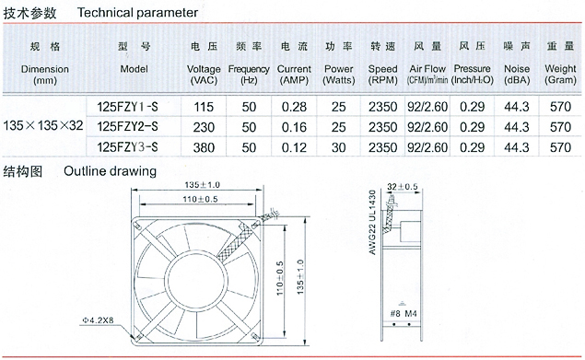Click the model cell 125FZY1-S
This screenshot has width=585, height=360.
(x=128, y=107)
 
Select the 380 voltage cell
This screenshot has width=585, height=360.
(x=204, y=147)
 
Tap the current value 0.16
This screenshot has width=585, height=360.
(x=294, y=127)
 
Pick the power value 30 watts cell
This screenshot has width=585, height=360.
(x=338, y=147)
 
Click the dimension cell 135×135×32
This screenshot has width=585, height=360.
(x=43, y=125)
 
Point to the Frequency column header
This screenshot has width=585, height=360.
(x=249, y=75)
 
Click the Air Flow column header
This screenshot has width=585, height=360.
(x=427, y=75)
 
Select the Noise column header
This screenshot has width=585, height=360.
(x=517, y=75)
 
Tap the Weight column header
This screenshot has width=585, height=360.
(x=560, y=75)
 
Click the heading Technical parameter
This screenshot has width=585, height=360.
(x=137, y=13)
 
